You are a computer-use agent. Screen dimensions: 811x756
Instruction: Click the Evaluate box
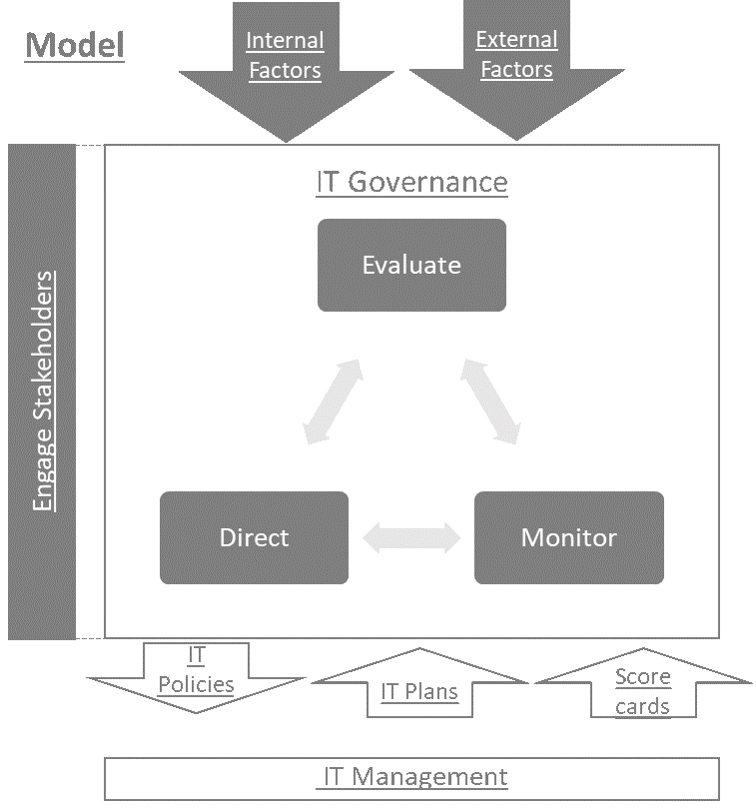411,265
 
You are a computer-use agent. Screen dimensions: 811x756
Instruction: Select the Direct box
254,537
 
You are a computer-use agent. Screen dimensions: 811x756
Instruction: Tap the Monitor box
568,537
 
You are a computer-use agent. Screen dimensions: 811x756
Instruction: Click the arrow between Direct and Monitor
411,538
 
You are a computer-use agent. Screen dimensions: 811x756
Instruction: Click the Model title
75,46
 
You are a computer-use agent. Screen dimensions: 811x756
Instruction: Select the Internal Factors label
285,55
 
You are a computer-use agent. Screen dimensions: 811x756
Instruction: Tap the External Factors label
515,54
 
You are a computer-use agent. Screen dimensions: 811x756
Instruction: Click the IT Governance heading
411,183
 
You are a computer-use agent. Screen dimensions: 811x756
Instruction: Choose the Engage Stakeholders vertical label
43,391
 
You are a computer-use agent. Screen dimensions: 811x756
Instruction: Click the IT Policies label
197,670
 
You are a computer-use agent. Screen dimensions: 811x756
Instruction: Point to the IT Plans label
419,691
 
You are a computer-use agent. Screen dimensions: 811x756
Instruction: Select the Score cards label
642,691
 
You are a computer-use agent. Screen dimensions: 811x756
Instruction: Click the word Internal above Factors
285,41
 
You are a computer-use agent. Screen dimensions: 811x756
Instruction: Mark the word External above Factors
515,40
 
